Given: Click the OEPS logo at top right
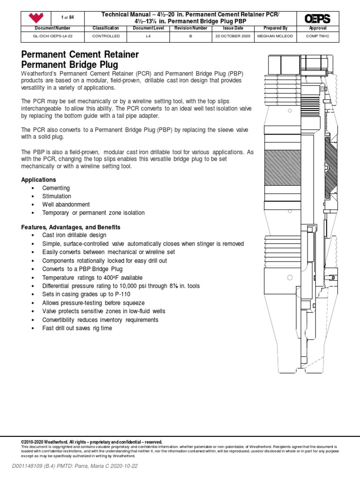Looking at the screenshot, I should click(317, 19).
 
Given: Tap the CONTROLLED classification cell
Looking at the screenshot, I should click(106, 36).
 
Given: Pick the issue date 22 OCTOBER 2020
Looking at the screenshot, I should click(232, 36).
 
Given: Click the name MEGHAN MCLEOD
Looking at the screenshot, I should click(275, 36).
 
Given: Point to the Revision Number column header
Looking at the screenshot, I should click(190, 28).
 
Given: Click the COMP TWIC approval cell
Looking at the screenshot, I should click(317, 36).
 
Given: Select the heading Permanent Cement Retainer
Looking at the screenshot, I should click(80, 54).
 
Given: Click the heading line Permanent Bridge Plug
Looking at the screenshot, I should click(70, 65).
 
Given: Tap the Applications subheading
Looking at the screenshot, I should click(39, 180).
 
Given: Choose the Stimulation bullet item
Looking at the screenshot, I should click(57, 196).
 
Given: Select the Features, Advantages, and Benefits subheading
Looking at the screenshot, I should click(71, 227).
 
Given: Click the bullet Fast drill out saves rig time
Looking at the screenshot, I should click(77, 328).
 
